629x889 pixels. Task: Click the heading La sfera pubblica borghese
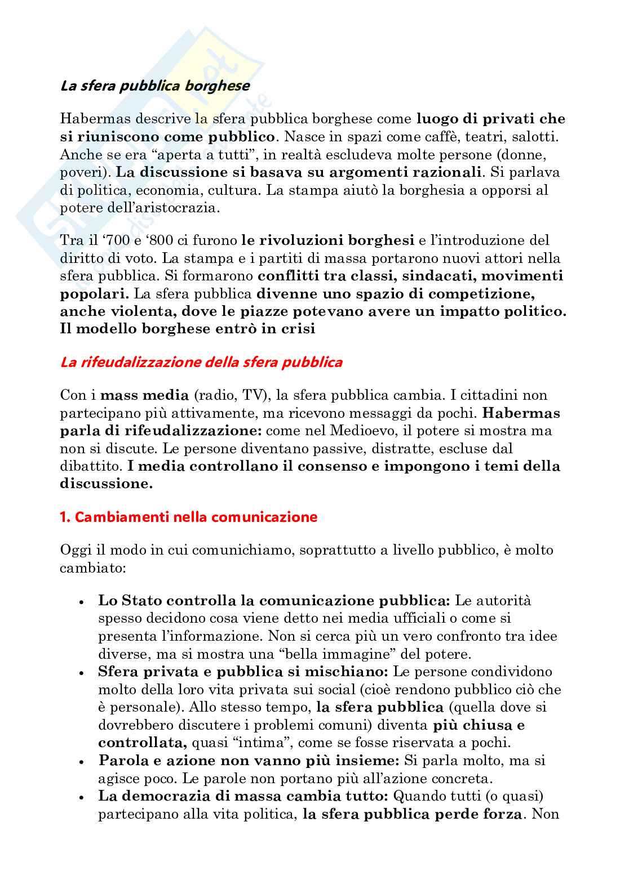click(x=155, y=86)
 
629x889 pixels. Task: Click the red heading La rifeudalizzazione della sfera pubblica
click(x=201, y=362)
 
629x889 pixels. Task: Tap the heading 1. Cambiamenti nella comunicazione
click(x=188, y=517)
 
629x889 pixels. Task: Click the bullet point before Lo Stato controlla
click(x=82, y=601)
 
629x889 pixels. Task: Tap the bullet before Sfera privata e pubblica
click(x=82, y=672)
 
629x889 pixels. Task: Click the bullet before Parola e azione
click(x=82, y=761)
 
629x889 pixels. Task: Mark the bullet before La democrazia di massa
click(x=82, y=797)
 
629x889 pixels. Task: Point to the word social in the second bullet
click(x=322, y=690)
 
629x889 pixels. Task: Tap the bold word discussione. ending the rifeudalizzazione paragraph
click(x=106, y=484)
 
